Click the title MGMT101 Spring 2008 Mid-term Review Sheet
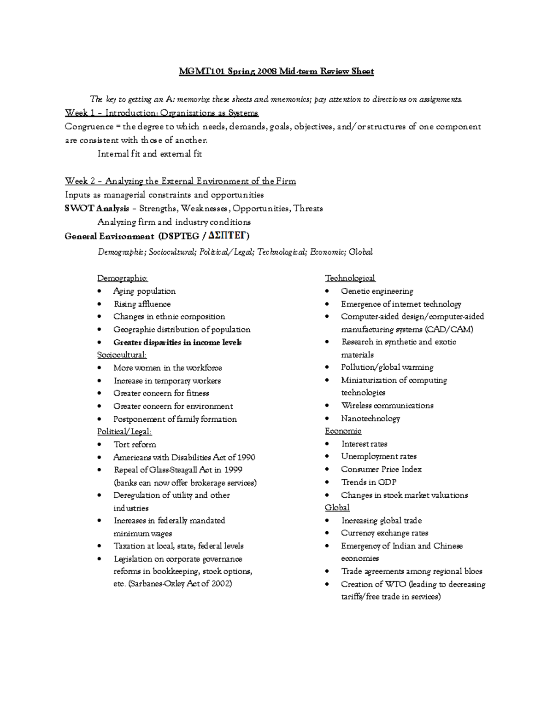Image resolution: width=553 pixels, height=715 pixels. (276, 71)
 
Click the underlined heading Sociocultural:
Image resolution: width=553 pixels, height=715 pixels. (122, 355)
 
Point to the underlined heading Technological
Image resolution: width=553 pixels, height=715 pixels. (350, 278)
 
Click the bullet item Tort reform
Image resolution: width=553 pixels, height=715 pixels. (135, 444)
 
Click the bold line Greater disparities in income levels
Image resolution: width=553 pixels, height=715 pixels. (177, 342)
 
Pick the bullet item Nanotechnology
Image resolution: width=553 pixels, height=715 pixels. (370, 419)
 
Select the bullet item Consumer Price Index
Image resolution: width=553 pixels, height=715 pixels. (381, 469)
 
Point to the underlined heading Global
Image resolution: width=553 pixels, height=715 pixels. (337, 507)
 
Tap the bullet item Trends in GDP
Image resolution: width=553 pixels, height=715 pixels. (368, 482)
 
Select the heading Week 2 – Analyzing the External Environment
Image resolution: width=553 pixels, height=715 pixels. (180, 181)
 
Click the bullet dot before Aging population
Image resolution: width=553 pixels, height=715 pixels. (100, 291)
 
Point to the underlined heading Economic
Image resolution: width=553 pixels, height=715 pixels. (343, 431)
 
